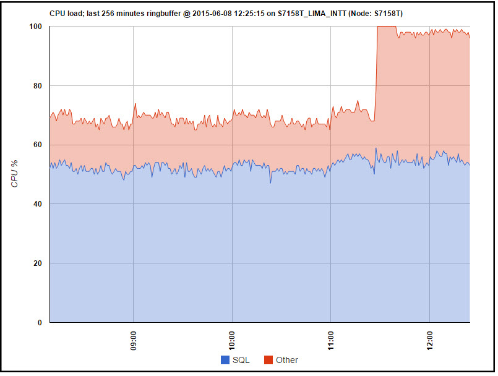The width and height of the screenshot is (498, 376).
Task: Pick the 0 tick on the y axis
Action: [x=40, y=322]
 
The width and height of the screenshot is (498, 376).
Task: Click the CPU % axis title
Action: [x=15, y=174]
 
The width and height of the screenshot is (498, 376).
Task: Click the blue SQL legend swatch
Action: [x=225, y=360]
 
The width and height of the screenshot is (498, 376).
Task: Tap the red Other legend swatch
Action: [x=268, y=360]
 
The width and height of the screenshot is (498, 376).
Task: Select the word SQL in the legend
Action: [x=241, y=360]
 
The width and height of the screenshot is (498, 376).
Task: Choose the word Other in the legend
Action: [x=287, y=360]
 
